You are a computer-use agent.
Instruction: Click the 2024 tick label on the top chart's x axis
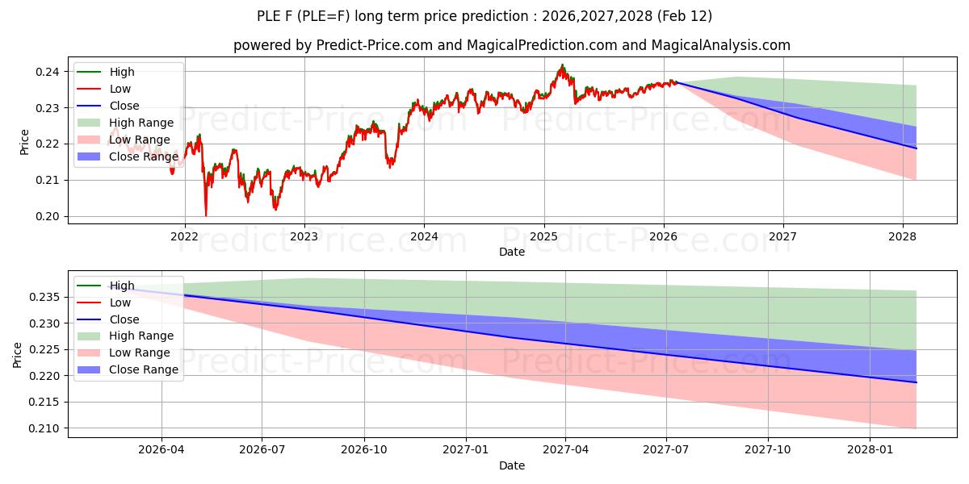424,236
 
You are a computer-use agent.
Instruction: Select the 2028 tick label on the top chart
902,236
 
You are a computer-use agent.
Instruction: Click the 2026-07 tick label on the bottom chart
262,449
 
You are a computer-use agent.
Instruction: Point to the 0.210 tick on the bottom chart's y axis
45,428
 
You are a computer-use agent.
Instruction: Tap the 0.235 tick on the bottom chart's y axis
45,298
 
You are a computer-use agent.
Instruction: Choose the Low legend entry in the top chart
120,89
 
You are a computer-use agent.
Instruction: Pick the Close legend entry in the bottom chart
124,319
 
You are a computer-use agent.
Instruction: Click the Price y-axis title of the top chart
24,142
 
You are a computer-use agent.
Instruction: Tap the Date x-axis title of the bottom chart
512,465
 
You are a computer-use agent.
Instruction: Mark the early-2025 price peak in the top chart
562,65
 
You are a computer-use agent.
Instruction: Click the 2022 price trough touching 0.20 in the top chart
206,215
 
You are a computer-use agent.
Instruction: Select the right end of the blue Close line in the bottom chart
917,382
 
